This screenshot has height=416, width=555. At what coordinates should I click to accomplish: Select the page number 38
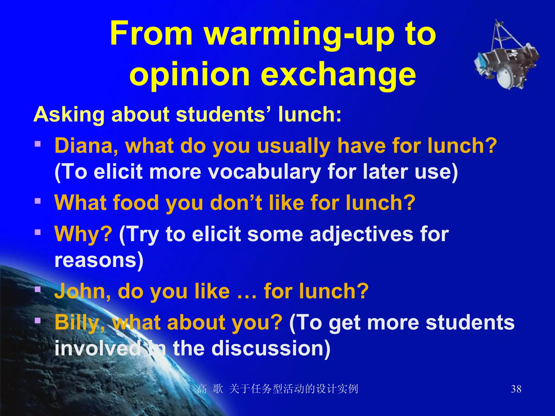click(x=516, y=389)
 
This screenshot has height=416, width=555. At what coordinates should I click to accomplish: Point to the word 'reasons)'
click(x=99, y=260)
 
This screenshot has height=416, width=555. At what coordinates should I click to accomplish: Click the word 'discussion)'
click(x=271, y=348)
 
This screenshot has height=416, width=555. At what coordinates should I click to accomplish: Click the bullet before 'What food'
click(x=38, y=201)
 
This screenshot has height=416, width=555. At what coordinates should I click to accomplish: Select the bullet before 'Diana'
click(x=38, y=144)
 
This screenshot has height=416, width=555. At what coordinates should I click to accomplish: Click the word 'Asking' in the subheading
click(x=69, y=115)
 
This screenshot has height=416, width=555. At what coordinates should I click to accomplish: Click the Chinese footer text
click(x=277, y=389)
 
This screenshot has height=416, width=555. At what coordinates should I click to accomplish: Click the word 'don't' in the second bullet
click(x=236, y=203)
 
